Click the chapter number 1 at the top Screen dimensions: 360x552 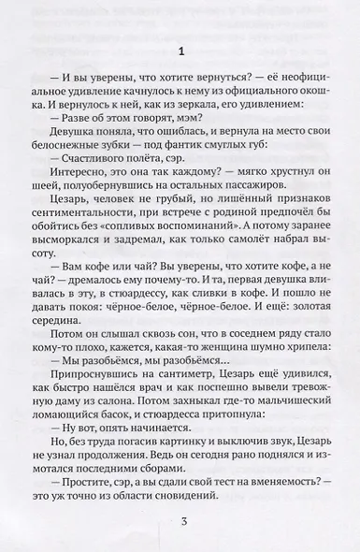(x=180, y=49)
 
